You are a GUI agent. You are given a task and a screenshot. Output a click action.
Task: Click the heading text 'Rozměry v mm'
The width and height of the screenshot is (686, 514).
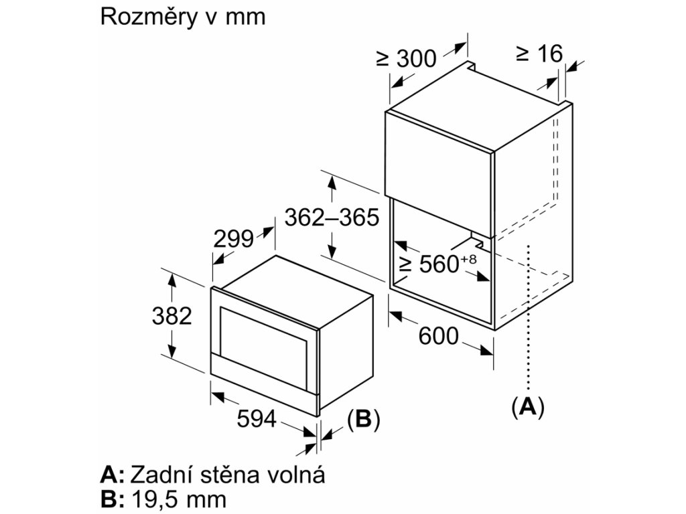[182, 17]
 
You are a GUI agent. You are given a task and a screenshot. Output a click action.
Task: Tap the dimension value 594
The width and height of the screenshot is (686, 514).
[257, 419]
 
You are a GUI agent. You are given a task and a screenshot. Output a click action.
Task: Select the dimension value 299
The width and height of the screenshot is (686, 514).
[233, 238]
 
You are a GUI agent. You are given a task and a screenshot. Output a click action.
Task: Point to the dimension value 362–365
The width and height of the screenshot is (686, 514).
[332, 218]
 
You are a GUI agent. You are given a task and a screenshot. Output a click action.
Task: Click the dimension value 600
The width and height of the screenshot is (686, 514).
[439, 336]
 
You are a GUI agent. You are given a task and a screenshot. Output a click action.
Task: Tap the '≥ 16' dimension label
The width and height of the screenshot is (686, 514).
[540, 54]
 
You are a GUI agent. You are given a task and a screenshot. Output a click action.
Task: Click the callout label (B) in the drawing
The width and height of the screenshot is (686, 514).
[363, 419]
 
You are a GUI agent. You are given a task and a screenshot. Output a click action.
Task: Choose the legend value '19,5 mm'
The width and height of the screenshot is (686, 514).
[179, 499]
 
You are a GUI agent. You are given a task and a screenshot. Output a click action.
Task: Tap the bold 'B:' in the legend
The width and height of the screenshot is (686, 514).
[112, 499]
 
